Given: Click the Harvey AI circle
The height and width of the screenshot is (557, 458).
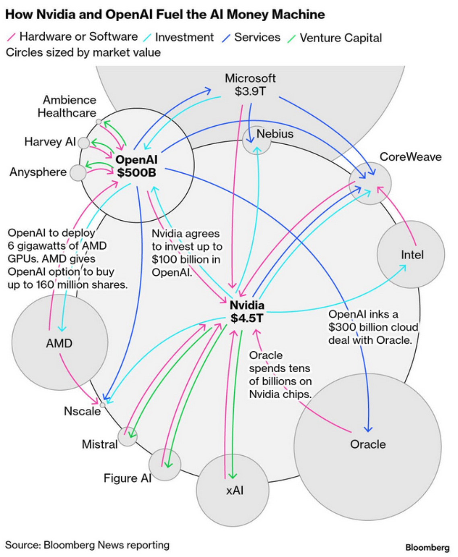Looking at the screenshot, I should [83, 143].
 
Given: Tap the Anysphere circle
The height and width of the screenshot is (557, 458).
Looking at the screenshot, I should [78, 173].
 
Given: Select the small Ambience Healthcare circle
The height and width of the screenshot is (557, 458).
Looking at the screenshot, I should [99, 121].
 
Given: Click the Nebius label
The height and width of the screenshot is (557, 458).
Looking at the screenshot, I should [275, 133].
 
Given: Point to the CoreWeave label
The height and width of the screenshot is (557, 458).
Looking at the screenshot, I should [411, 157].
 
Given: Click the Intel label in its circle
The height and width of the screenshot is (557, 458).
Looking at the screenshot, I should [412, 255].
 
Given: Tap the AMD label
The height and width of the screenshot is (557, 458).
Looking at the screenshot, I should [59, 343].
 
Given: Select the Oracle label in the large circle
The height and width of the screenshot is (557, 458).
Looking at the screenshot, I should [368, 444].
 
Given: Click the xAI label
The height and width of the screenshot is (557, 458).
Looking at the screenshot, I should [235, 490].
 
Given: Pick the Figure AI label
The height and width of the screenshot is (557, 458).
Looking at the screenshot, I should [127, 478].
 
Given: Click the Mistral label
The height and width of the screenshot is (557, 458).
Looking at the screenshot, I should [100, 444].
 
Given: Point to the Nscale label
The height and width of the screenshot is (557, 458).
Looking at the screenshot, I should [82, 411].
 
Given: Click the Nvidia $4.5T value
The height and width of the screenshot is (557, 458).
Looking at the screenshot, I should [247, 318].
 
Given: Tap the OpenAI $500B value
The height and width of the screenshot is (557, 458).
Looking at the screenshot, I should [136, 172].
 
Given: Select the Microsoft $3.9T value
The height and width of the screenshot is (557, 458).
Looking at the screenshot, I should [250, 91].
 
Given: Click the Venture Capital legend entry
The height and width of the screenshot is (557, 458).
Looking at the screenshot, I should [340, 38].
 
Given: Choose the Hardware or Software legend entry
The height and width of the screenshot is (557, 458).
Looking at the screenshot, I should [78, 37].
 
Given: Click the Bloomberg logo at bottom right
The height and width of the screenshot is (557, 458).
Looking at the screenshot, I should [427, 547].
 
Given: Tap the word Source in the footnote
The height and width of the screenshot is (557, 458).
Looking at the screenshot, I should [23, 545].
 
